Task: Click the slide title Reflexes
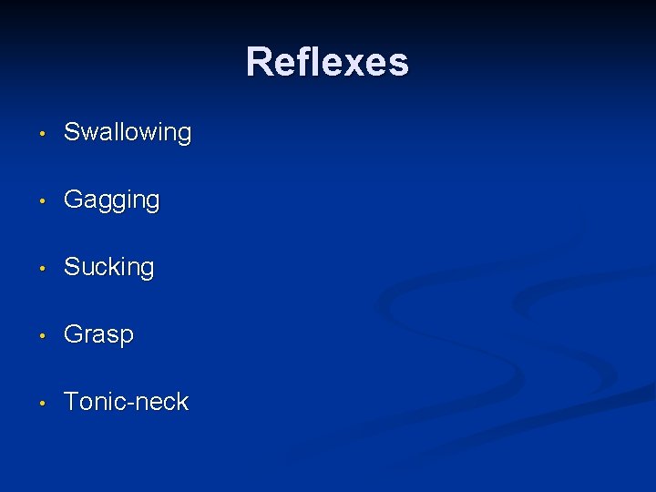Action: click(x=327, y=62)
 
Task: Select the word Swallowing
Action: click(x=128, y=133)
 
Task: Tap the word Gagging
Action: click(x=111, y=200)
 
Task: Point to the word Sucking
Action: click(x=108, y=267)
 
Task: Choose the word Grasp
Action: click(x=98, y=334)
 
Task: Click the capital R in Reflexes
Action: click(x=260, y=62)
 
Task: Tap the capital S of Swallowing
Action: click(x=71, y=132)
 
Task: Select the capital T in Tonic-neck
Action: click(x=70, y=401)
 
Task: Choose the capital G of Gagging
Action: click(x=72, y=200)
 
